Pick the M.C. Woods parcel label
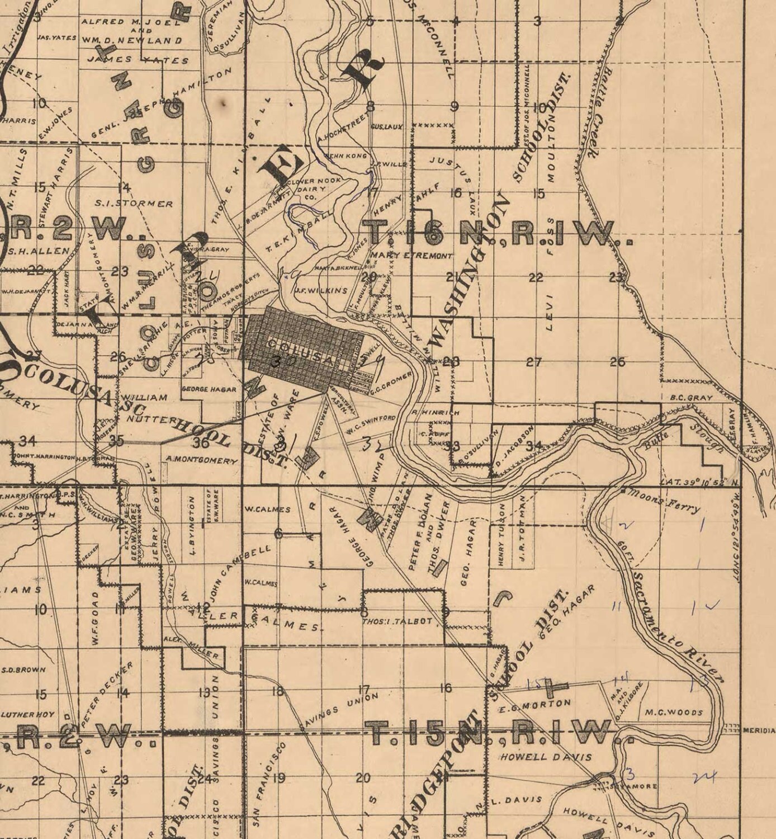click(673, 713)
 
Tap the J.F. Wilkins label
click(320, 290)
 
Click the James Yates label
click(141, 60)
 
